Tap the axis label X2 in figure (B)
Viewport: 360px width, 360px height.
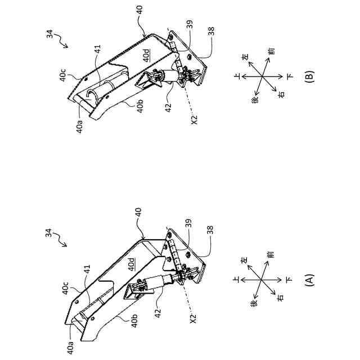tap(195, 120)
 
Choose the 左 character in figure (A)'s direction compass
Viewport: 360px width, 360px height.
tap(245, 260)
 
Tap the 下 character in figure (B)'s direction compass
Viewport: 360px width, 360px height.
tap(289, 76)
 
